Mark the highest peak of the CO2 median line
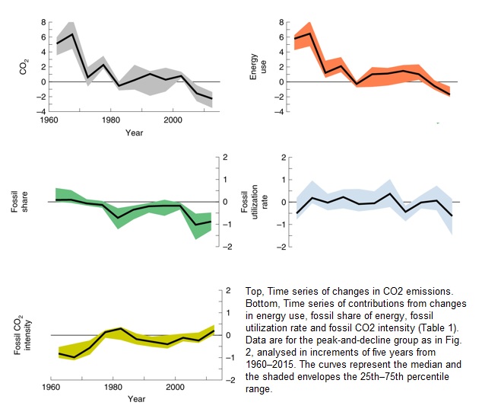coord(72,34)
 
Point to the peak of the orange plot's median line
coord(310,33)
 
